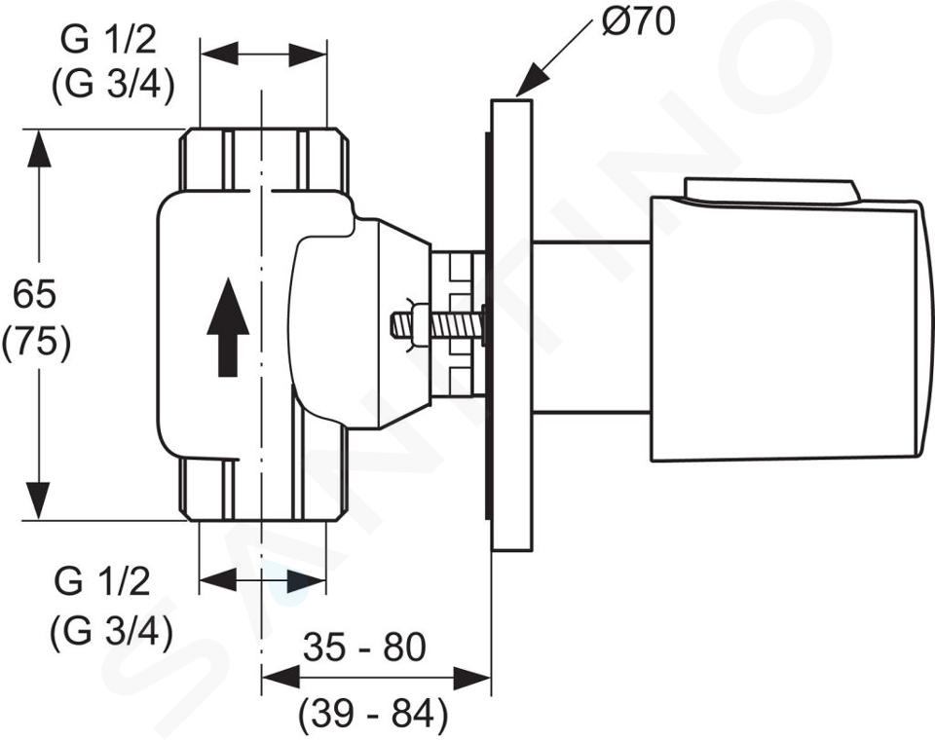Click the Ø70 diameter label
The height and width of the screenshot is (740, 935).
click(638, 21)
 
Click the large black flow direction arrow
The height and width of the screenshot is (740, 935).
click(228, 327)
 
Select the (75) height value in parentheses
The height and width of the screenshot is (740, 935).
click(36, 344)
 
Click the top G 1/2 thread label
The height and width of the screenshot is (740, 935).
click(108, 40)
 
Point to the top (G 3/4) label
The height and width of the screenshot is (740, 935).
click(113, 86)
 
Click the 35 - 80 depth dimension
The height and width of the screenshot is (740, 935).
click(364, 647)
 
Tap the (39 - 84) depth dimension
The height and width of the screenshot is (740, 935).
click(373, 713)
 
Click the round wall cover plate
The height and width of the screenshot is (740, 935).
click(511, 325)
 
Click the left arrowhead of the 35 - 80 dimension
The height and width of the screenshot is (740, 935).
click(280, 678)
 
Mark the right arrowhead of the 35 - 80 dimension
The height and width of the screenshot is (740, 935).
click(471, 678)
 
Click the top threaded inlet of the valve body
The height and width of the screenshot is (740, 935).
click(264, 160)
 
